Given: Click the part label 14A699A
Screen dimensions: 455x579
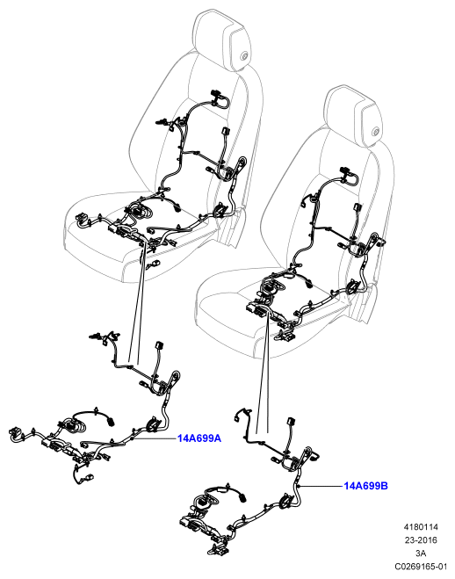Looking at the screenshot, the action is tap(199, 438).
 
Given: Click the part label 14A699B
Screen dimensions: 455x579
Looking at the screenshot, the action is tap(365, 486).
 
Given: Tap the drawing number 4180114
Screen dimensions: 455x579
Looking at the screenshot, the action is tap(421, 527).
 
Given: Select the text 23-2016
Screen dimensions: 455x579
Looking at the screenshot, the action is tap(421, 539).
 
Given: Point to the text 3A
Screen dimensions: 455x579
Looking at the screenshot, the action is tap(421, 553).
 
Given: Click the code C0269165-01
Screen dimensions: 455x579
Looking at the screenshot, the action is tap(421, 566).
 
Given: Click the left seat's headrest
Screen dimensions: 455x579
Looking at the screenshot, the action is tap(220, 40).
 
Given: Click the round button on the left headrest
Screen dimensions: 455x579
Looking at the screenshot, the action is tap(243, 56).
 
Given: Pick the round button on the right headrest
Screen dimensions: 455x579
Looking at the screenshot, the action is tap(376, 132).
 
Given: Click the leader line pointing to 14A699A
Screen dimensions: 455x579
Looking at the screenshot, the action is tap(155, 438).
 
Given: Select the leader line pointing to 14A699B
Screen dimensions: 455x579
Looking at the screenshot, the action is tap(321, 486).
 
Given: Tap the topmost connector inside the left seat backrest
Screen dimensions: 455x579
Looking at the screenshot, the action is tap(214, 93).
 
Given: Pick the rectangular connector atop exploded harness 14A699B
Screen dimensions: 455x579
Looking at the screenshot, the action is tap(291, 422).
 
